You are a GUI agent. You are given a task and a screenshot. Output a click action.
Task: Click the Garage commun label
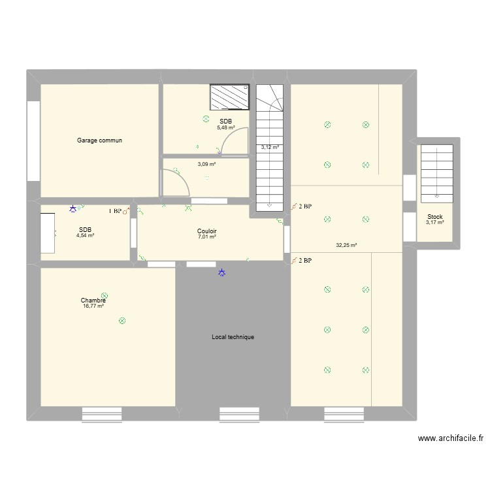point(99,140)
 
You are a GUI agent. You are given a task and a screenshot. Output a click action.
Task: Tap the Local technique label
point(233,337)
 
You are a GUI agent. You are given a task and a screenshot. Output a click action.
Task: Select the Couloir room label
point(207,231)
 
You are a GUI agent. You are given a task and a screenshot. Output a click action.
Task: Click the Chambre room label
point(93,301)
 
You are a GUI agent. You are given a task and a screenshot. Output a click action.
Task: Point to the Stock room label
point(434,217)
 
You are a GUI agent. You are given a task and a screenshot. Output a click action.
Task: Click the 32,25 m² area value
point(346,246)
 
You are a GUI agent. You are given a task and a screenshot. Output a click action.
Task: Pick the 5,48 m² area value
point(225,127)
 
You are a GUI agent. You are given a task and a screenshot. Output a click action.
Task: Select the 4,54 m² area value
point(85,235)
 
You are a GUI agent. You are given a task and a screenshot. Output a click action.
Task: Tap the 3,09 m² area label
point(206,164)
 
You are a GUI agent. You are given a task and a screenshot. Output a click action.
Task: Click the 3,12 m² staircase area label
point(270,148)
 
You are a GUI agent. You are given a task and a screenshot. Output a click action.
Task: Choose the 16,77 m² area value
point(93,306)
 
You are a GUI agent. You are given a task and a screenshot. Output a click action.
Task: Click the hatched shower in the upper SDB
point(229,97)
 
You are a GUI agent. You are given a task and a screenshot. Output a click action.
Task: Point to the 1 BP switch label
point(115,211)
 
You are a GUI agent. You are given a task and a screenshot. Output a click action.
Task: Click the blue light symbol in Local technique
point(222,273)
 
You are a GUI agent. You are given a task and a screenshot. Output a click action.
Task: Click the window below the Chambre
point(102,414)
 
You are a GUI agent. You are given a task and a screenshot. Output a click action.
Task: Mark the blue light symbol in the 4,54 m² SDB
point(73,210)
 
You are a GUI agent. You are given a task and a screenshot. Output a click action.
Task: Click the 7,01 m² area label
point(207,237)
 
